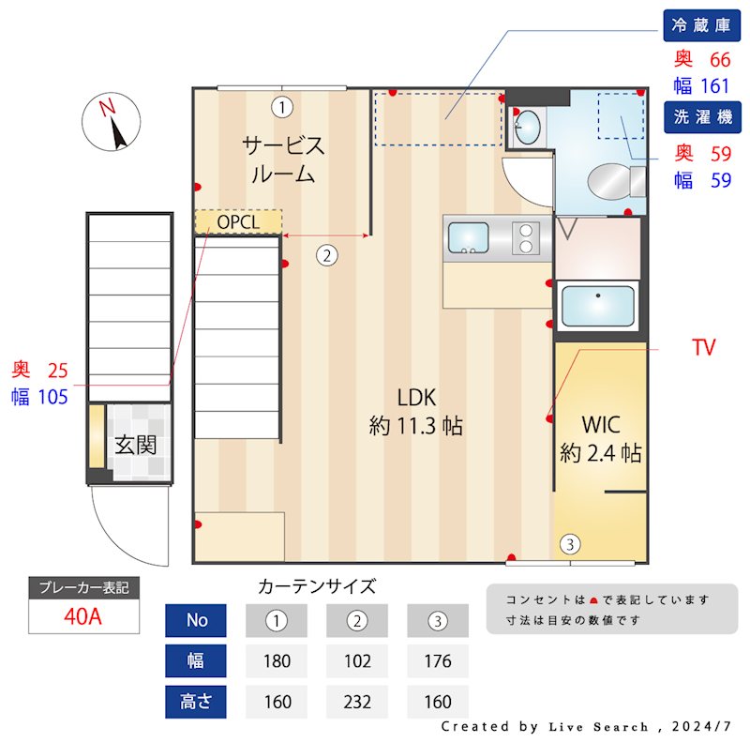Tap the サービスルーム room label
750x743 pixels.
[282, 159]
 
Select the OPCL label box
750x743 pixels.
[238, 221]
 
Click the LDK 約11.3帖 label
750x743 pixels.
[416, 411]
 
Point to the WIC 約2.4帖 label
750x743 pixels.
[601, 438]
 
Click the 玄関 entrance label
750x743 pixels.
[136, 445]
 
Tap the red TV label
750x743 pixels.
[703, 348]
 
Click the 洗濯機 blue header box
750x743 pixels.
[701, 116]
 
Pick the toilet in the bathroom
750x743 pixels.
[615, 179]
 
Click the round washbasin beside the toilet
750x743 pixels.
[528, 125]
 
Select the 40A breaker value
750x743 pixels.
[83, 616]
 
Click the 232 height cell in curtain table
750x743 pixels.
[356, 701]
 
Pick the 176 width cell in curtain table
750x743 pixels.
[437, 660]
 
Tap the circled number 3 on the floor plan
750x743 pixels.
[569, 543]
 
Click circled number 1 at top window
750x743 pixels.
[280, 106]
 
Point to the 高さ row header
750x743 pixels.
[197, 701]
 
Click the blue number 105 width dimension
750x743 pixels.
[52, 397]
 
